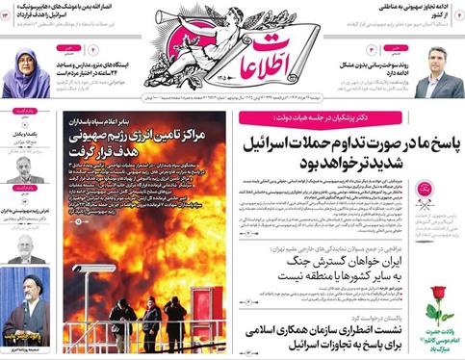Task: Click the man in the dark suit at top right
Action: point(438,74)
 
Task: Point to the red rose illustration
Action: point(437,294)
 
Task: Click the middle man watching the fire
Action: point(149,321)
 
